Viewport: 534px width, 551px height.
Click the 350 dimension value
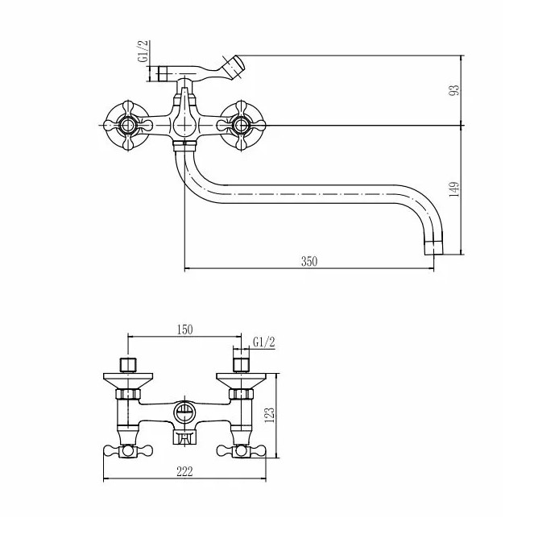[x=308, y=262]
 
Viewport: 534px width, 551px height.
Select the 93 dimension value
[x=454, y=90]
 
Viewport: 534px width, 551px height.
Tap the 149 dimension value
[x=454, y=189]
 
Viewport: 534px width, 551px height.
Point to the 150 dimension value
[x=184, y=329]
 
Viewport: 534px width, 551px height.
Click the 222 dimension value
[x=184, y=471]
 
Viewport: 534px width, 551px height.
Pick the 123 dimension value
[x=269, y=416]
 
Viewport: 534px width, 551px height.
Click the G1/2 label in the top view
[x=143, y=52]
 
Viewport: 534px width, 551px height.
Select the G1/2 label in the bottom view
[x=264, y=342]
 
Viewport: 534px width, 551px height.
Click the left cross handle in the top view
[x=128, y=125]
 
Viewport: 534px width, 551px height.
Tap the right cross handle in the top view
[x=241, y=125]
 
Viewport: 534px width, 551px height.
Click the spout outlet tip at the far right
[x=434, y=248]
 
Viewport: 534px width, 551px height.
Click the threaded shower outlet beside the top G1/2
[x=164, y=73]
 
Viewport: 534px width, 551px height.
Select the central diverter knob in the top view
[x=183, y=119]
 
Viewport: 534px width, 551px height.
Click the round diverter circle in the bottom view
[x=184, y=411]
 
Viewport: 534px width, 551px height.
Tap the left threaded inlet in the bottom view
[x=128, y=365]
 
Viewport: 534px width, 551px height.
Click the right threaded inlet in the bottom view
[x=241, y=365]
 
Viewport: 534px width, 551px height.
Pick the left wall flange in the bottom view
[x=128, y=381]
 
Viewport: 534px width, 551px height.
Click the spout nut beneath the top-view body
[x=184, y=146]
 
